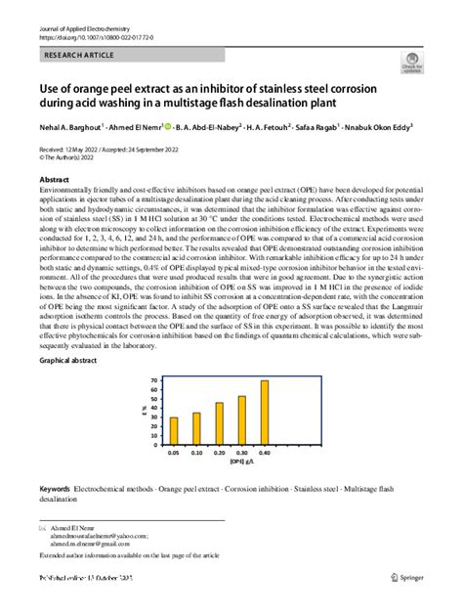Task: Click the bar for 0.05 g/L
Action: pyautogui.click(x=174, y=431)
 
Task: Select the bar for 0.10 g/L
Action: pyautogui.click(x=196, y=428)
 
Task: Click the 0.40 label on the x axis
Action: pyautogui.click(x=264, y=454)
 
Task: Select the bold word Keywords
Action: pyautogui.click(x=55, y=487)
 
